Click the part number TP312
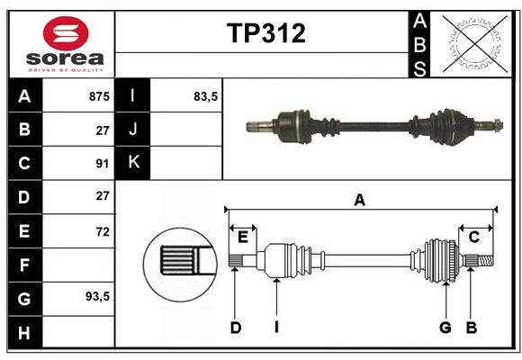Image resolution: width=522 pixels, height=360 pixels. tap(265, 33)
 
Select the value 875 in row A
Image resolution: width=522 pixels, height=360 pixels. tap(98, 96)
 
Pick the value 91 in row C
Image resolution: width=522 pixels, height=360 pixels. tap(102, 164)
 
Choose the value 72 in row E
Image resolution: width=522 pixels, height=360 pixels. tap(102, 231)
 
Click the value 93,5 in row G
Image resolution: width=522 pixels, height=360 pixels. tap(96, 297)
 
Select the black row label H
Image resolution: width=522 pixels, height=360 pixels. tap(24, 332)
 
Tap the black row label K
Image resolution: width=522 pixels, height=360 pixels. tap(133, 163)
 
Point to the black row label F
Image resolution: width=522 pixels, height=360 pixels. tap(24, 265)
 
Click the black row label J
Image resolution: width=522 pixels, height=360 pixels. tap(133, 130)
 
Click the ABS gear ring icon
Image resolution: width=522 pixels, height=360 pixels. tap(473, 42)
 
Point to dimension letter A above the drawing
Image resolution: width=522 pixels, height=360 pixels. tap(360, 201)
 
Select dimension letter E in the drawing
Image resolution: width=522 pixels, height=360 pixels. tap(242, 237)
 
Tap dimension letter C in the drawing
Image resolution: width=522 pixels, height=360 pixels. tap(473, 237)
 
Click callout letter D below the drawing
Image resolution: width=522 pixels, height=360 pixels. tap(235, 328)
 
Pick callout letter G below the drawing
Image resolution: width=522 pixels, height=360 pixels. tap(445, 328)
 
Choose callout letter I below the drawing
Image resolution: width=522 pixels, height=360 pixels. tap(276, 328)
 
